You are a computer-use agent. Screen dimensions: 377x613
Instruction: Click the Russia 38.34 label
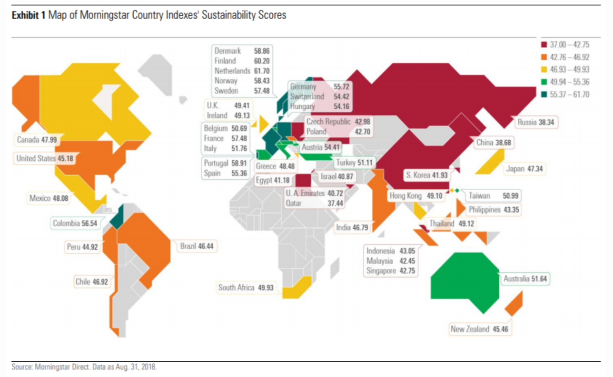tap(538, 123)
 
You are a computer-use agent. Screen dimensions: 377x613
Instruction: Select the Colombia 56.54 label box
tap(75, 222)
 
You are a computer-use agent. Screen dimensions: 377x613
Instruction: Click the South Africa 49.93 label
tap(248, 288)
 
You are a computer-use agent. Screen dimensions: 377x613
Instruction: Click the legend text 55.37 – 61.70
tap(570, 95)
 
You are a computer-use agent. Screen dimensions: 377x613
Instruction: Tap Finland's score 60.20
tap(262, 61)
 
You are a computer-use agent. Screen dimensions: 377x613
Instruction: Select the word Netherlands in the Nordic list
tap(232, 71)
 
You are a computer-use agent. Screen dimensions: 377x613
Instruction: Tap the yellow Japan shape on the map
tap(490, 162)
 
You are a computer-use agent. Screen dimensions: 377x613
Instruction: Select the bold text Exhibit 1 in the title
tap(29, 15)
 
